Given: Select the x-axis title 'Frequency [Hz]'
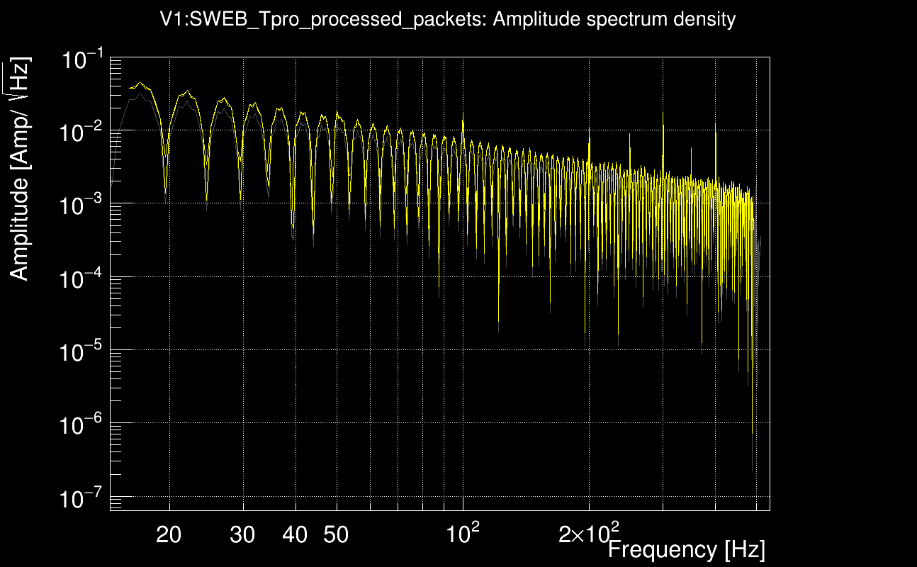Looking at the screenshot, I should (686, 549).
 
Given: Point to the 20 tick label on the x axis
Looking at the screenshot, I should (169, 535).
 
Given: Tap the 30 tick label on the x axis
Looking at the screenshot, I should (242, 535).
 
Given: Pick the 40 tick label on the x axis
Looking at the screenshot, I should (295, 535).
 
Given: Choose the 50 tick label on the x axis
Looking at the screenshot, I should (336, 535).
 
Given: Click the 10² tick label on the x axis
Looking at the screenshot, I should (463, 534).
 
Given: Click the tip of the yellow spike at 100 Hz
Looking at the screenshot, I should (463, 113).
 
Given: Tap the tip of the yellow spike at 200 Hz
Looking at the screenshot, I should (590, 129).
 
